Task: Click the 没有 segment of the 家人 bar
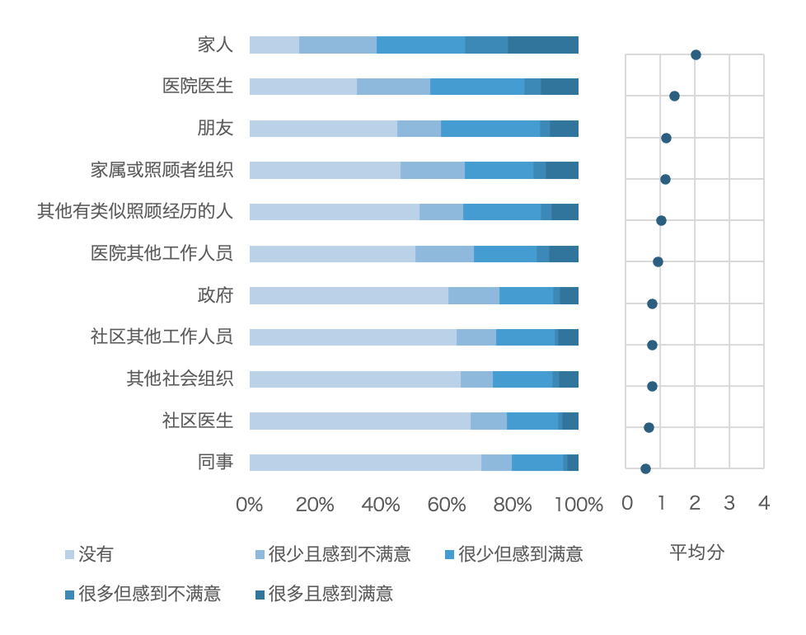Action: (274, 45)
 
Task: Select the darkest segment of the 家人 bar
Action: (543, 45)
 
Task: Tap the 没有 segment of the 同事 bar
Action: (365, 463)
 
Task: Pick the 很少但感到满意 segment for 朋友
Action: (490, 129)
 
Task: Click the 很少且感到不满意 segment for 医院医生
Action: (393, 87)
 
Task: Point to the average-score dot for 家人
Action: (696, 55)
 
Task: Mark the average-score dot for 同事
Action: (645, 468)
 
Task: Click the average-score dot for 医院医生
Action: (674, 96)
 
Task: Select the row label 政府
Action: (215, 295)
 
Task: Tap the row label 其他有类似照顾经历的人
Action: (135, 211)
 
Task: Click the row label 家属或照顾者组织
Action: (162, 170)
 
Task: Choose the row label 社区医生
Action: (198, 421)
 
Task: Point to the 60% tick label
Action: (447, 505)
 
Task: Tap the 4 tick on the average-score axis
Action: (764, 503)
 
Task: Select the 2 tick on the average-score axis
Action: (696, 503)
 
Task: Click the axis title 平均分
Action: (696, 553)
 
